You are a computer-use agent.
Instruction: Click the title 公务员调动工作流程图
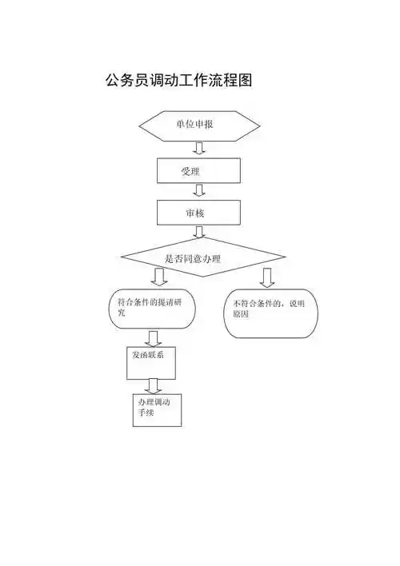pyautogui.click(x=179, y=81)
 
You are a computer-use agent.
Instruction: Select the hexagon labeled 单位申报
pyautogui.click(x=199, y=125)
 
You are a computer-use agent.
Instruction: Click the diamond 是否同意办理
pyautogui.click(x=202, y=258)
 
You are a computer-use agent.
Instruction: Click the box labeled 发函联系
pyautogui.click(x=150, y=361)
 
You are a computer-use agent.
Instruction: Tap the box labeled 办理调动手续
pyautogui.click(x=157, y=409)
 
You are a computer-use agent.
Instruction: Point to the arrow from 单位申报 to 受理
pyautogui.click(x=199, y=148)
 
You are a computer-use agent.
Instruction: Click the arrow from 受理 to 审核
pyautogui.click(x=199, y=190)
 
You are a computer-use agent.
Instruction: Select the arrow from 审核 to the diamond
pyautogui.click(x=199, y=232)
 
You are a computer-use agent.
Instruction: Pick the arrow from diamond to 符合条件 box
pyautogui.click(x=159, y=277)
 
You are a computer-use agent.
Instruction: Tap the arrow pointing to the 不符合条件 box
pyautogui.click(x=266, y=277)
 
